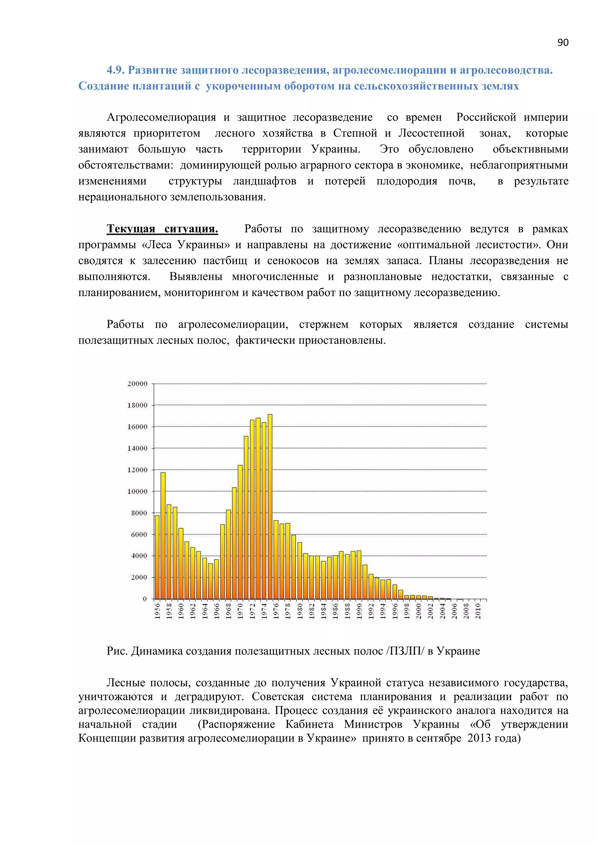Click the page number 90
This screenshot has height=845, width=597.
click(x=562, y=43)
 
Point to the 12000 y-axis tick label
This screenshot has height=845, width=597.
click(x=137, y=470)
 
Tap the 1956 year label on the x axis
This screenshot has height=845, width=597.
click(x=157, y=611)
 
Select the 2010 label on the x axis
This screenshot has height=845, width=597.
click(x=478, y=611)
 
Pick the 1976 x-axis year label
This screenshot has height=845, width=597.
click(x=276, y=611)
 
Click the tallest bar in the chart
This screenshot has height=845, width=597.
click(x=270, y=508)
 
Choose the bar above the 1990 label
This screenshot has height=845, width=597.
click(x=359, y=575)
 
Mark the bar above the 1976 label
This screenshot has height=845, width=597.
click(x=276, y=559)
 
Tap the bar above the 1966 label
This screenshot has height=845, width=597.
click(x=217, y=580)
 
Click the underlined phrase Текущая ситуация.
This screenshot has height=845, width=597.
click(x=162, y=229)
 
